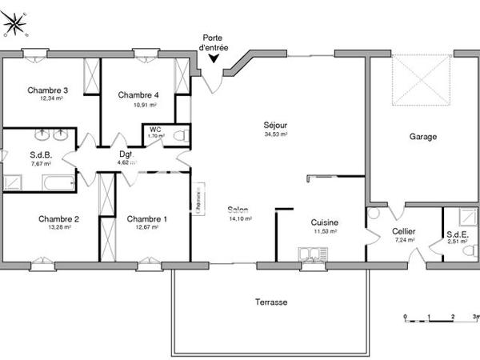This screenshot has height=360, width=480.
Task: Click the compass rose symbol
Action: click(x=15, y=25)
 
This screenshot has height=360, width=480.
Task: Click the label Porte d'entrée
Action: click(x=214, y=42)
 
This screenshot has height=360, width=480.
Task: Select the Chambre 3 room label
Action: click(x=46, y=90)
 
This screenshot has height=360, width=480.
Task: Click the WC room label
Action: click(x=155, y=128)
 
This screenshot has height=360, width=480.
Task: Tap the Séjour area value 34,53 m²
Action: click(x=275, y=135)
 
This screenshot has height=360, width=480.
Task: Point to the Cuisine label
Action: click(x=325, y=223)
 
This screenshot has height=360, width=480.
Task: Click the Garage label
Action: click(x=423, y=137)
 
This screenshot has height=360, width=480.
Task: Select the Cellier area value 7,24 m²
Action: click(x=403, y=239)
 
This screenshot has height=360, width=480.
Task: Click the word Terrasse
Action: click(x=271, y=302)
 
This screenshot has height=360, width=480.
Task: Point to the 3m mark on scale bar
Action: click(x=474, y=318)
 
